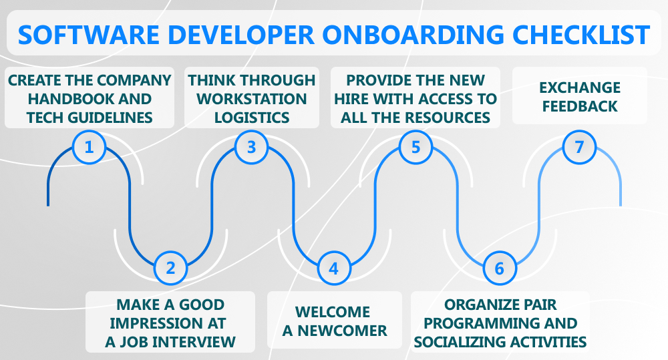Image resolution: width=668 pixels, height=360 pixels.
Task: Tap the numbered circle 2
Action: tap(170, 268)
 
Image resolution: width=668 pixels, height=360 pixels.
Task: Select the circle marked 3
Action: tap(252, 147)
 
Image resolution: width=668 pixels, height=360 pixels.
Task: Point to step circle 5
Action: tap(415, 147)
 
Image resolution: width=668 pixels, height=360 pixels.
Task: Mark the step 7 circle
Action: tap(579, 147)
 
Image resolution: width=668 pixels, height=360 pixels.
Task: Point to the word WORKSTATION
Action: tap(251, 99)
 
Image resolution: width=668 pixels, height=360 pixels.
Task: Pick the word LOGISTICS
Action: tap(251, 118)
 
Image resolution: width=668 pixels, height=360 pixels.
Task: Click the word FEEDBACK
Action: tap(580, 106)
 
